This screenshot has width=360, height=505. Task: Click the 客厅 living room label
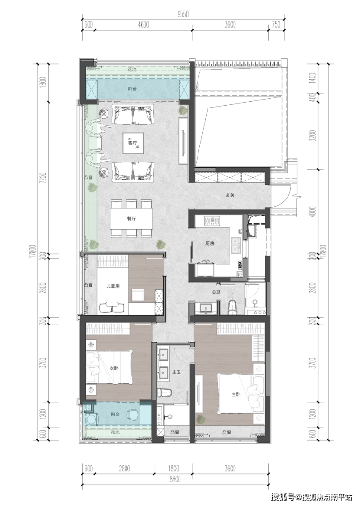132,143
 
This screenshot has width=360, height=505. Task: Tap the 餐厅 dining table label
131,219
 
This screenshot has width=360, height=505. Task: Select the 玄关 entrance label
230,195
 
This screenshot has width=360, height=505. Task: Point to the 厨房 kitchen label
210,243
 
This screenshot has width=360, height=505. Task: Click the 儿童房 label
113,286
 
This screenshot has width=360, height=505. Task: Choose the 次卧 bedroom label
114,368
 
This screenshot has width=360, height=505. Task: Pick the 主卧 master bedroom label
236,394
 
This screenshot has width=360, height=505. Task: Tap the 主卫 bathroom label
176,372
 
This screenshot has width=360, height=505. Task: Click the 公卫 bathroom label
216,292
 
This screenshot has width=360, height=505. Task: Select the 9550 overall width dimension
183,14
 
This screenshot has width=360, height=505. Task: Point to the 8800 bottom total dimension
175,479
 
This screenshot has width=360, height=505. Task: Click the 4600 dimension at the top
144,24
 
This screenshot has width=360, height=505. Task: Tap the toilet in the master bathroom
164,393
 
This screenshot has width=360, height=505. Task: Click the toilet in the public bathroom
232,307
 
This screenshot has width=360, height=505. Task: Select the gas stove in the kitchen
213,221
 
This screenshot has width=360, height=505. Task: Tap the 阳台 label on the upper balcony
132,89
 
